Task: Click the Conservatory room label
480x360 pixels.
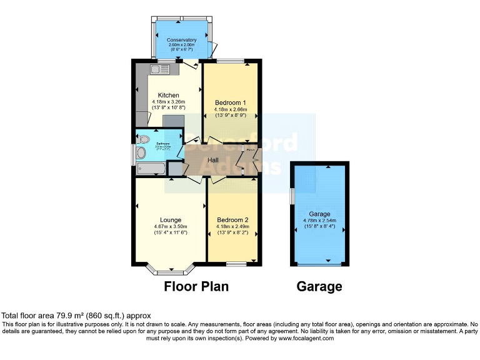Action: click(181, 40)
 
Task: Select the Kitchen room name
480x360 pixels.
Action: click(168, 95)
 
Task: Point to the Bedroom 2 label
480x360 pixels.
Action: click(232, 220)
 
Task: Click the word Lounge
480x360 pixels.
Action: click(171, 220)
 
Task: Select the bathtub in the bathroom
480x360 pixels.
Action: click(151, 167)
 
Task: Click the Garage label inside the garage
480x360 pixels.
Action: click(319, 214)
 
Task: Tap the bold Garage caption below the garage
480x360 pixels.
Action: click(319, 287)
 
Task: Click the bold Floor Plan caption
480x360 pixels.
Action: click(196, 287)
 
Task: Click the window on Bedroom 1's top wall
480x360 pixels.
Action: click(231, 61)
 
